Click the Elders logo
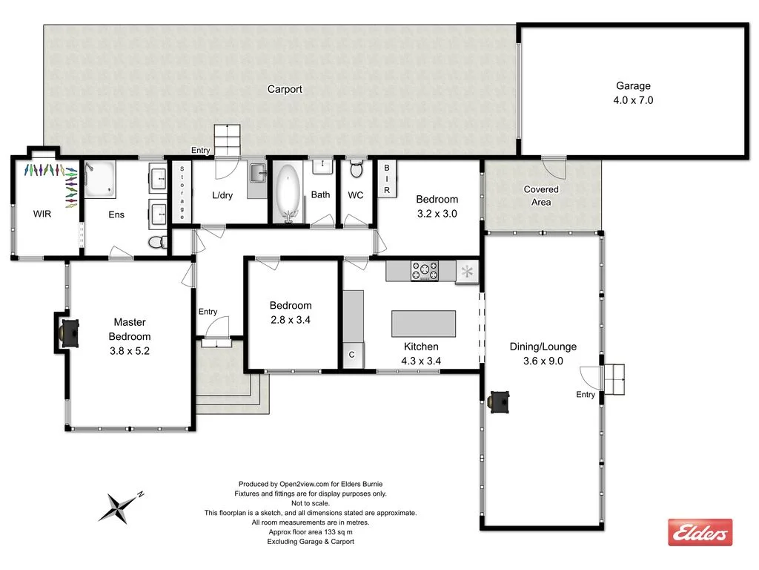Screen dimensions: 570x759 click(x=700, y=532)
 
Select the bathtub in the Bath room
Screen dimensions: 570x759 click(x=288, y=193)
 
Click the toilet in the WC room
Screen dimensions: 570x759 click(x=357, y=170)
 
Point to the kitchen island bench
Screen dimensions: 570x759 click(x=423, y=324)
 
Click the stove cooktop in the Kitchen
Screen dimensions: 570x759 click(x=425, y=271)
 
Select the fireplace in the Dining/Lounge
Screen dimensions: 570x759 click(x=500, y=402)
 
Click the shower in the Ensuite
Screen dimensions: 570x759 click(x=99, y=180)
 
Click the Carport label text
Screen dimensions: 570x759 click(x=285, y=89)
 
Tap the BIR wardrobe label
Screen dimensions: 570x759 click(x=386, y=180)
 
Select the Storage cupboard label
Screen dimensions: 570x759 click(x=181, y=192)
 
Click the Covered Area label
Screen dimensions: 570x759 click(x=541, y=196)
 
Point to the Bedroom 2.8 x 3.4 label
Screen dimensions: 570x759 click(x=291, y=312)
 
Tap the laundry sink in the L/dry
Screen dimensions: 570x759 click(x=256, y=174)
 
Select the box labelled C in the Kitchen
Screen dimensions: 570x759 click(x=352, y=355)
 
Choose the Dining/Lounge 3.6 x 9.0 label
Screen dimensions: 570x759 click(x=543, y=354)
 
